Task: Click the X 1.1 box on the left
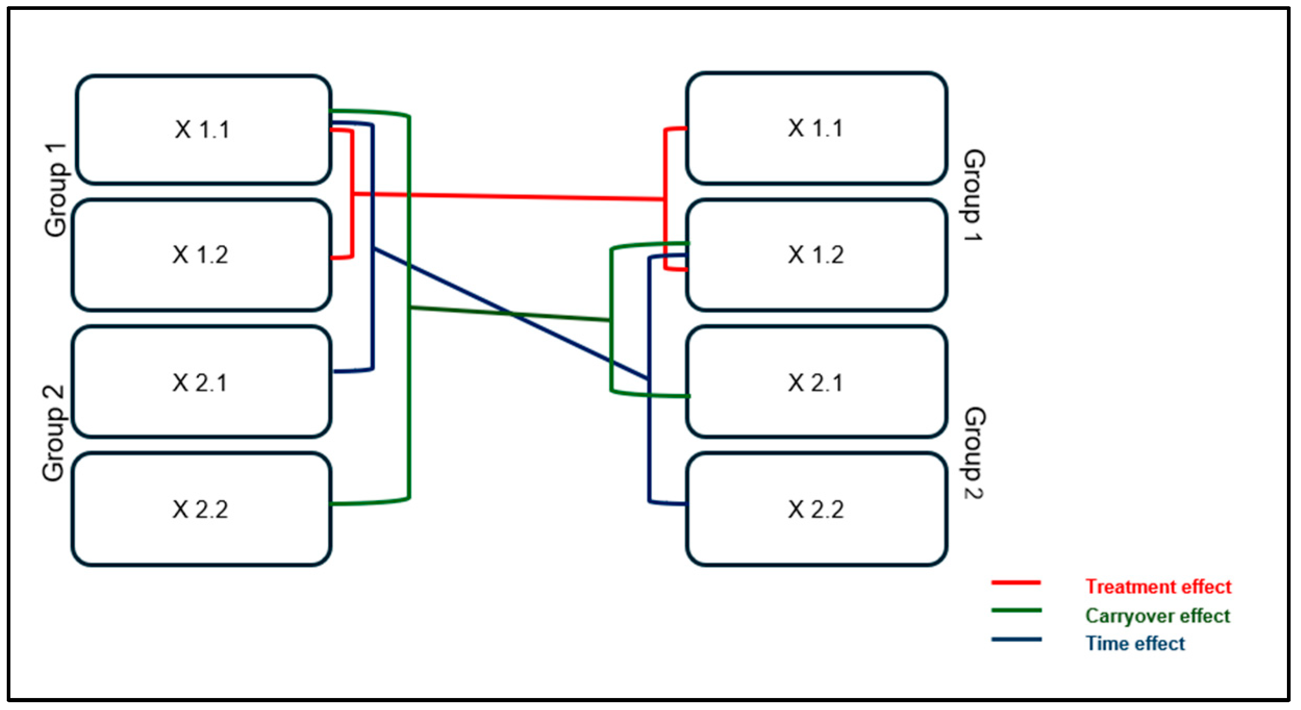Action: coord(203,130)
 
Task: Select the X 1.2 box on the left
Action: coord(201,255)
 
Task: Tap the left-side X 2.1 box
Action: coord(201,383)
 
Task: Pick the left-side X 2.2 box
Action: coord(201,509)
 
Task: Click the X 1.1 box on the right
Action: coord(816,128)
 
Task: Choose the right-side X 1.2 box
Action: coord(816,255)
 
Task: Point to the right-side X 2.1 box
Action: coord(816,383)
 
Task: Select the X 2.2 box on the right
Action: coord(816,509)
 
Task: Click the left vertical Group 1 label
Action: coord(56,191)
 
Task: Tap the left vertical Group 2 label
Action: coord(54,433)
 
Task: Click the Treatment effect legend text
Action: coord(1158,587)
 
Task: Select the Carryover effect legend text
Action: coord(1157,616)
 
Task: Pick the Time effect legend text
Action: coord(1135,644)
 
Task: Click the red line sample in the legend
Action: coord(1016,583)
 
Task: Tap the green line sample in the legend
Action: coord(1016,611)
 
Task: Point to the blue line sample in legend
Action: coord(1016,639)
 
